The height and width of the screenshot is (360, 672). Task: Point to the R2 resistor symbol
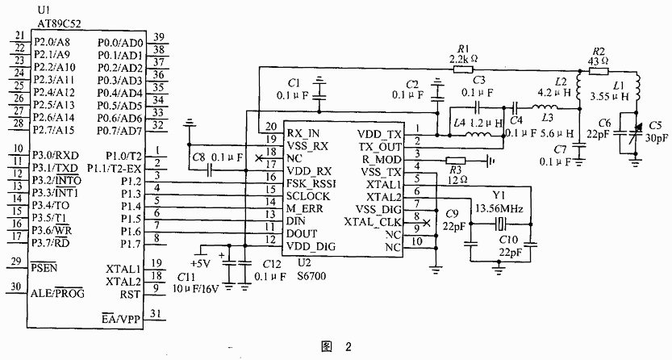tap(598, 69)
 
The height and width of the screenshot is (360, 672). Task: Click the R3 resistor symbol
tap(456, 160)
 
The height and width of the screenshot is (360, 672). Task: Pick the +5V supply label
tap(198, 262)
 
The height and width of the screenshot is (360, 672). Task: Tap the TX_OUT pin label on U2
tap(378, 146)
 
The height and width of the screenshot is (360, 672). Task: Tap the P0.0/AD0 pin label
tap(119, 42)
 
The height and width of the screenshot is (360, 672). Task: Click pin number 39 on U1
tap(160, 36)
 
